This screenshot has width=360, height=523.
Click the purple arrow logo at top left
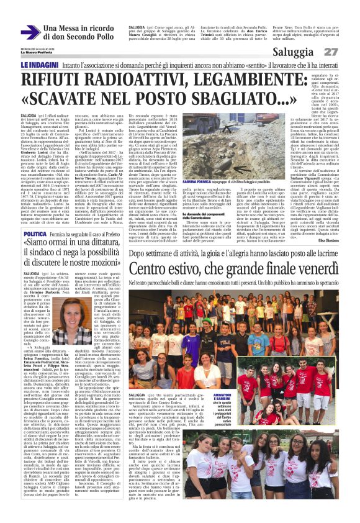[30, 32]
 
